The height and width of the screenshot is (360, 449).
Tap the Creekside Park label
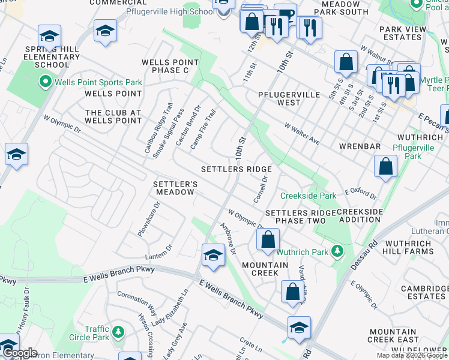click(308, 196)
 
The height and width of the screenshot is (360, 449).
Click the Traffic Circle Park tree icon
click(118, 332)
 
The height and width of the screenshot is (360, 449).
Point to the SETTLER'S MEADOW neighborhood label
click(175, 188)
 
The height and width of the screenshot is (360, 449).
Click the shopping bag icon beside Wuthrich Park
click(268, 240)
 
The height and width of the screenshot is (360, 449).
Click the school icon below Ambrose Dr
click(213, 256)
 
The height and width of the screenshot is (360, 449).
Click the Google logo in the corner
click(19, 353)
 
